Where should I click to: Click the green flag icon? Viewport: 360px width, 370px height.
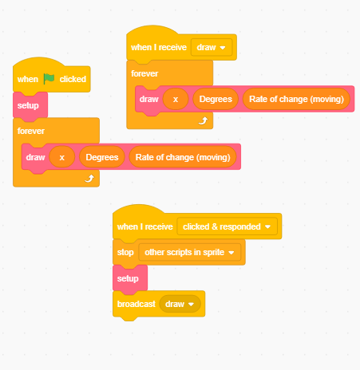[49, 79]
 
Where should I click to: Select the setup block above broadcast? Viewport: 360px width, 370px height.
[128, 278]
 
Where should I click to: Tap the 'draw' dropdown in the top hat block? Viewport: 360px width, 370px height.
[212, 47]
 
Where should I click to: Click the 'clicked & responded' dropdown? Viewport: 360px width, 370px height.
[227, 226]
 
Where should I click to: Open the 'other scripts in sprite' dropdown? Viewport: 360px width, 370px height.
[189, 252]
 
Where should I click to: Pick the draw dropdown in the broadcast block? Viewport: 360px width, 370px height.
[180, 304]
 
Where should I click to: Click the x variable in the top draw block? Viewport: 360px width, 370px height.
[175, 100]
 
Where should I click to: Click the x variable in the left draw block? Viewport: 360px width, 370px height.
[61, 157]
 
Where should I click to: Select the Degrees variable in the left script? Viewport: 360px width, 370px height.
[102, 157]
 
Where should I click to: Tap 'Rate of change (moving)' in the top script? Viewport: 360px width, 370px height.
[297, 100]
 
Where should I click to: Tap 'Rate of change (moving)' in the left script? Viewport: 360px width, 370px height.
[184, 157]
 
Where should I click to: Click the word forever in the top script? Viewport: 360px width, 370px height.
[144, 73]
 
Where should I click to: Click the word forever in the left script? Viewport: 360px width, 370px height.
[31, 130]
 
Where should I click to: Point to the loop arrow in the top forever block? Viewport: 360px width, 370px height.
[203, 121]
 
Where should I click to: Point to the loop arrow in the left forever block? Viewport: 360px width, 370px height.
[89, 179]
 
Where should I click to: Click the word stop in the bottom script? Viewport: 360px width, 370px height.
[125, 252]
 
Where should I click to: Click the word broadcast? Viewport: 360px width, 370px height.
[136, 304]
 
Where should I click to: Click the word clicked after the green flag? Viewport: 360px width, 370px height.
[73, 79]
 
